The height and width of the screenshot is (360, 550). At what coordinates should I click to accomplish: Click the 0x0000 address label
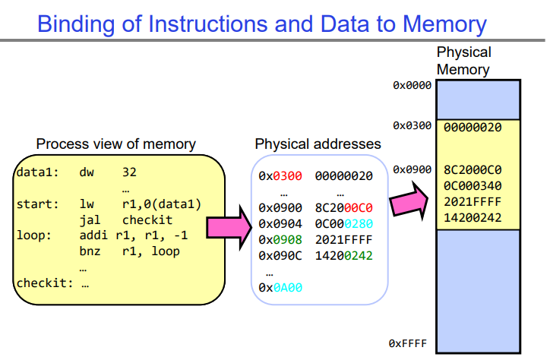tap(412, 85)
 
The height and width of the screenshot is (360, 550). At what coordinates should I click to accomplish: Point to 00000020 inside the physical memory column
tap(472, 128)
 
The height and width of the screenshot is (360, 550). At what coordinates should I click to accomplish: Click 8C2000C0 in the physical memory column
tap(472, 170)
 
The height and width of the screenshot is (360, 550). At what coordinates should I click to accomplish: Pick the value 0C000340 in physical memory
tap(472, 185)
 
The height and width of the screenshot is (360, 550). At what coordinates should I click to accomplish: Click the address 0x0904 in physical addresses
tap(280, 223)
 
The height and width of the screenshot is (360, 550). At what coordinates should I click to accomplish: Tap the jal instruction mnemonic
tap(89, 219)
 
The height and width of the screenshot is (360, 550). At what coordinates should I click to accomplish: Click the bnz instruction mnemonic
tap(89, 251)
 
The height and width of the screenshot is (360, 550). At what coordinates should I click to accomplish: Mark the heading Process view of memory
tap(116, 144)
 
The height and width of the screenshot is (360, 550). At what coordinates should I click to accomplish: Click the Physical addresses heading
tap(318, 144)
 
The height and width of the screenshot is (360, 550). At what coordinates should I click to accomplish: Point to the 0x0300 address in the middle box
tap(280, 175)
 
